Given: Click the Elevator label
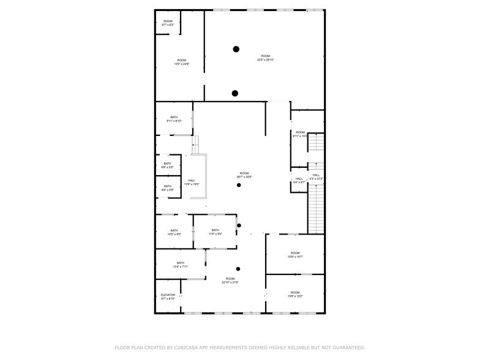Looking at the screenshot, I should [168, 297].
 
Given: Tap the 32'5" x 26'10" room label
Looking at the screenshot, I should [265, 58].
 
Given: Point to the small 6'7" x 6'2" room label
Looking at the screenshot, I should [168, 23].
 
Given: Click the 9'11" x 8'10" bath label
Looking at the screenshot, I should [174, 119].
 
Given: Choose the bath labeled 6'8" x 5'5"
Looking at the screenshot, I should [167, 165].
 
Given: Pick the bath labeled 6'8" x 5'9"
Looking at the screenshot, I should [167, 188].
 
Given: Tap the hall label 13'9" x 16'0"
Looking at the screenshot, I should [192, 182].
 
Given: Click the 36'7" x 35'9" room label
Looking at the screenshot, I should [244, 175].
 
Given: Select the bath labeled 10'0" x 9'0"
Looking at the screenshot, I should [174, 232].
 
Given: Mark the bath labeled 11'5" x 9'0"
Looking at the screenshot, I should [215, 232].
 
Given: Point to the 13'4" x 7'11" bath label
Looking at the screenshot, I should [180, 264].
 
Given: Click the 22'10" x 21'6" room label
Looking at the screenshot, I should [230, 280].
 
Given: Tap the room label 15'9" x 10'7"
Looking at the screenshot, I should [295, 255].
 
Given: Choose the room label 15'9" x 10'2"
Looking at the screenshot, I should [295, 294].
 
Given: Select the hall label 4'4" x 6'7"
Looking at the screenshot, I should [299, 181].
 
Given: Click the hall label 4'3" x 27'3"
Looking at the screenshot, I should [316, 177].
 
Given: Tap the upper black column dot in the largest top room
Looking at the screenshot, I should [236, 49].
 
